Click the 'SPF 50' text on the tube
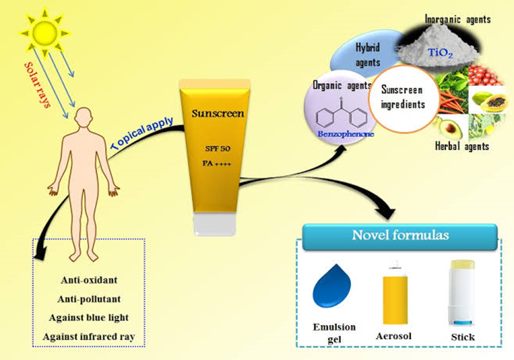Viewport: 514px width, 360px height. (x=215, y=145)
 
